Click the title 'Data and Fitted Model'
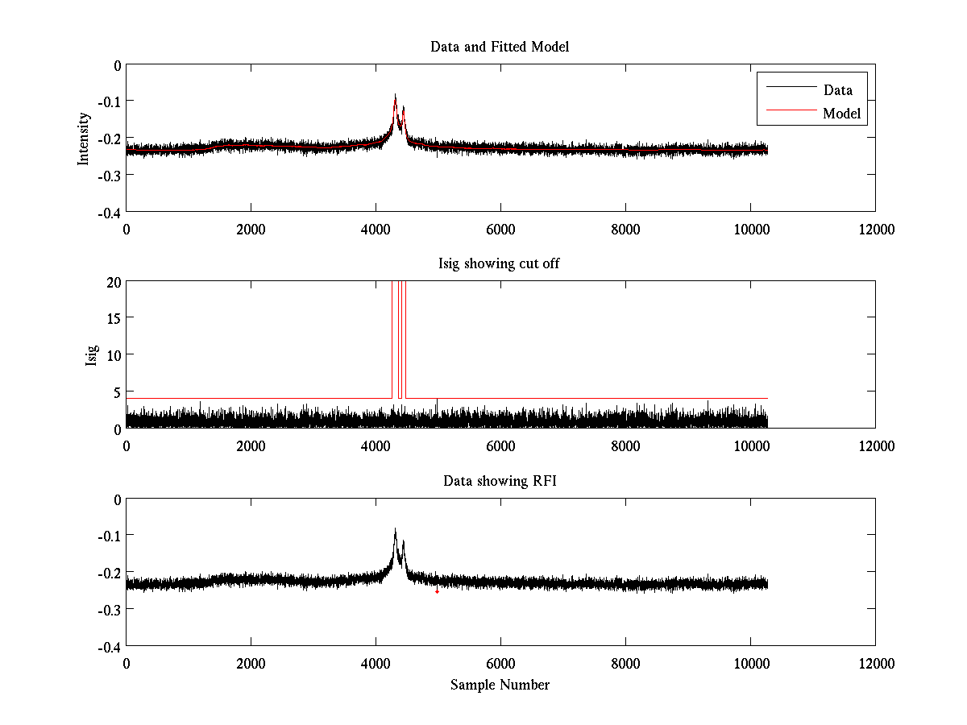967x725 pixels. coord(500,47)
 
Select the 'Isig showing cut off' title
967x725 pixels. coord(500,263)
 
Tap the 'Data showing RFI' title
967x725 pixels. coord(500,481)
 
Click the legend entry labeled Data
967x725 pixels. coord(837,89)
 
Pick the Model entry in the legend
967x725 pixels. coord(841,114)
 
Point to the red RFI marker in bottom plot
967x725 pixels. coord(437,591)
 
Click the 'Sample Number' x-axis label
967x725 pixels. coord(500,685)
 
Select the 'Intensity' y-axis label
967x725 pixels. coord(83,139)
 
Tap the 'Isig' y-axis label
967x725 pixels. coord(92,354)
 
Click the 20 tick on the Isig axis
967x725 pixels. coord(113,281)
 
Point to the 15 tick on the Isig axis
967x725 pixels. coord(113,318)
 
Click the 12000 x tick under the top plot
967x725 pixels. coord(875,229)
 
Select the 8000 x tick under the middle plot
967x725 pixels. coord(625,445)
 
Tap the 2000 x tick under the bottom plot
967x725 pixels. coord(251,663)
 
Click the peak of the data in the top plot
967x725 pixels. coord(395,95)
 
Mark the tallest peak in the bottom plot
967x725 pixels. coord(395,529)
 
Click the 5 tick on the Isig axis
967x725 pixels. coord(116,391)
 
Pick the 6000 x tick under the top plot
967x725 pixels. coord(500,229)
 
